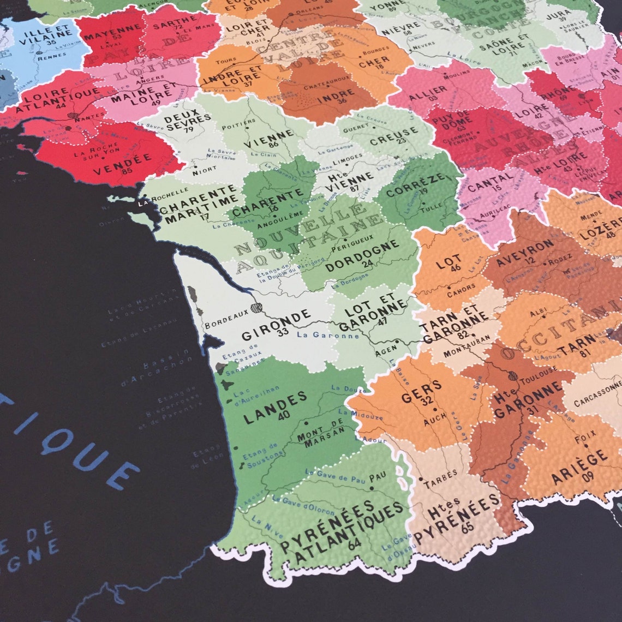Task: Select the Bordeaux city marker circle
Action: [256, 308]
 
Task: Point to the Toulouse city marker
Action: [512, 375]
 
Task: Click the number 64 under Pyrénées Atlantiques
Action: [354, 543]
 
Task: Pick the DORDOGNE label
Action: [362, 256]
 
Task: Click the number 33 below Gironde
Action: [283, 332]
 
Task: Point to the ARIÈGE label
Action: [572, 467]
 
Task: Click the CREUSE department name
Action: [394, 135]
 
